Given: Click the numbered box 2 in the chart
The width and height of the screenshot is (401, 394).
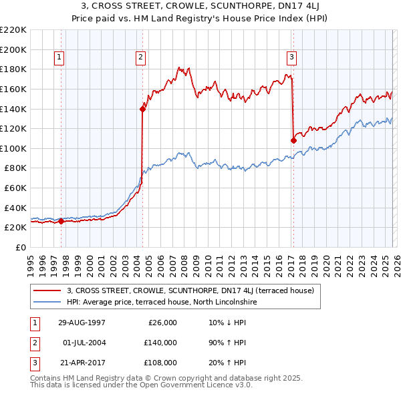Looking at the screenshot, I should pyautogui.click(x=141, y=58).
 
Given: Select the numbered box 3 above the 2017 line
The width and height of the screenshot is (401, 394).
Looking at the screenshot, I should pyautogui.click(x=292, y=58).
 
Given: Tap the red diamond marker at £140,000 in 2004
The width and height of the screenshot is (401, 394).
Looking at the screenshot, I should pyautogui.click(x=142, y=109).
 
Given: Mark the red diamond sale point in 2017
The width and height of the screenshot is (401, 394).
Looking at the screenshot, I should pyautogui.click(x=293, y=140).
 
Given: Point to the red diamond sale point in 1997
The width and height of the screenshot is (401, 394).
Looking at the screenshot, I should pyautogui.click(x=61, y=222).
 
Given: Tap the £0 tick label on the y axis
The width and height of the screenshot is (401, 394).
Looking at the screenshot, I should pyautogui.click(x=20, y=247).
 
